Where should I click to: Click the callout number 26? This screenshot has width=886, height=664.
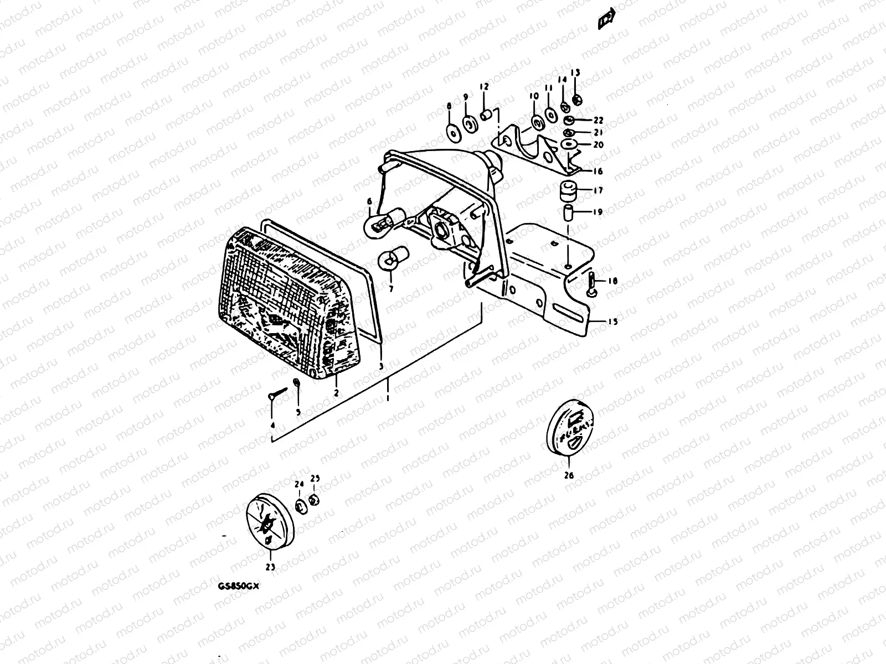coord(569,475)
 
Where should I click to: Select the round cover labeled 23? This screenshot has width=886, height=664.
coord(271,522)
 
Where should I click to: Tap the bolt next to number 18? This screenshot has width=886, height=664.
coord(590,284)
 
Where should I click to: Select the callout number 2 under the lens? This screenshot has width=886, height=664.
coord(336,392)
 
